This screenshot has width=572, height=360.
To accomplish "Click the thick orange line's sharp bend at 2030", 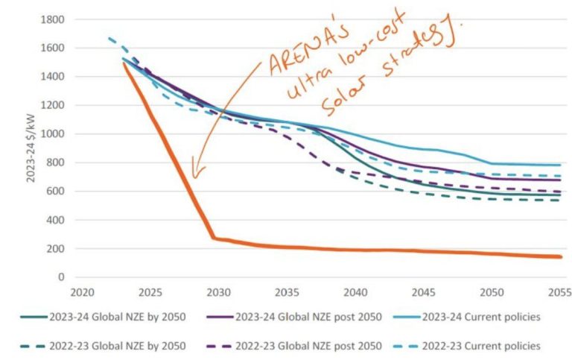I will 213,238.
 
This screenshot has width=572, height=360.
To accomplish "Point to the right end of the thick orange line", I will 560,256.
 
